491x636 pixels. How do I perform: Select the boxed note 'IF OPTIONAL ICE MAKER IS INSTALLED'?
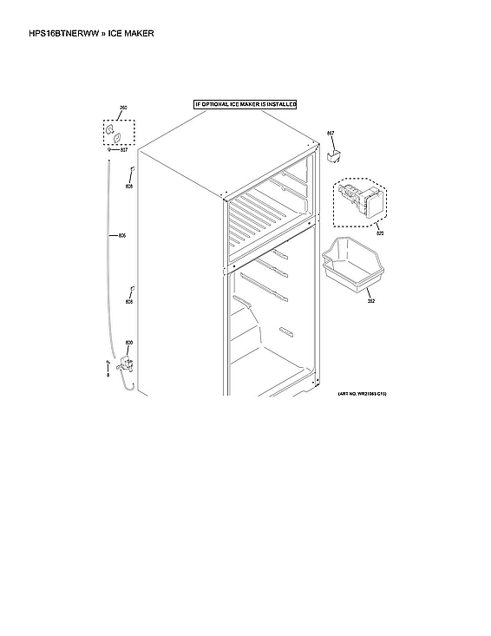(x=245, y=104)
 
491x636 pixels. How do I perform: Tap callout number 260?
(x=122, y=108)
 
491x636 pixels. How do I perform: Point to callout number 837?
(x=124, y=150)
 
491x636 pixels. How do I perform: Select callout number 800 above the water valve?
(x=129, y=343)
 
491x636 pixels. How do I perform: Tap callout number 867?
(x=330, y=133)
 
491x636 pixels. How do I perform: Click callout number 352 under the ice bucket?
(x=370, y=301)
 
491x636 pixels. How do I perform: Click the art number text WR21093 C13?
(x=362, y=393)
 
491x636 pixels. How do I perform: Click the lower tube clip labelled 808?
(x=130, y=290)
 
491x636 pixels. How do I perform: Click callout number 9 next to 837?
(x=109, y=150)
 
